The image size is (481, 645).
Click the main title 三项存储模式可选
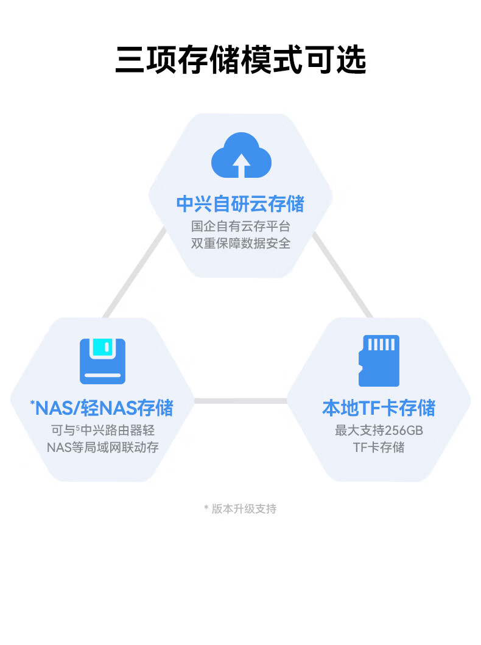pyautogui.click(x=240, y=60)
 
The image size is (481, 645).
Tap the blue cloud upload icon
pyautogui.click(x=241, y=155)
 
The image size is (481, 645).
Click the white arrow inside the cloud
pyautogui.click(x=241, y=166)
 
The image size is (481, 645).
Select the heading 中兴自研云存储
pyautogui.click(x=240, y=203)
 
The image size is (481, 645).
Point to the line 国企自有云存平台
pyautogui.click(x=240, y=226)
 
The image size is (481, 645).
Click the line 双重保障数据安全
pyautogui.click(x=240, y=243)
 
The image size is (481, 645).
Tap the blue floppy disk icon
pyautogui.click(x=102, y=361)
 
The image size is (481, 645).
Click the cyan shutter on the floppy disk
pyautogui.click(x=102, y=348)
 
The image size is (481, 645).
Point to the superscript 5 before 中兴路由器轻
pyautogui.click(x=78, y=427)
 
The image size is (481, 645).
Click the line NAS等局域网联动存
pyautogui.click(x=102, y=447)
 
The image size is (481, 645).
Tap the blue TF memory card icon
pyautogui.click(x=379, y=361)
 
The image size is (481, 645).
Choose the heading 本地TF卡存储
pyautogui.click(x=379, y=407)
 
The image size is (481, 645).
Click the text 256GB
pyautogui.click(x=404, y=430)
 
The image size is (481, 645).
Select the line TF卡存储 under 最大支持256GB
pyautogui.click(x=379, y=447)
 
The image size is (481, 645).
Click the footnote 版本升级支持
pyautogui.click(x=244, y=509)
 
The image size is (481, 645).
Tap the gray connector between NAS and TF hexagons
pyautogui.click(x=240, y=401)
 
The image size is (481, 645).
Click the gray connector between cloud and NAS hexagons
pyautogui.click(x=135, y=272)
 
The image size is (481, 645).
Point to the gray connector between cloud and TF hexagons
pyautogui.click(x=342, y=275)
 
